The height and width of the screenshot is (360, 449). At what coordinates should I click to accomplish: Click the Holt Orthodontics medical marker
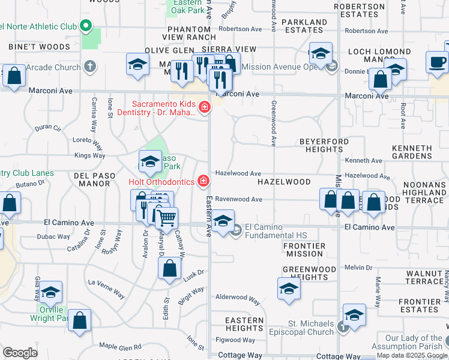204,181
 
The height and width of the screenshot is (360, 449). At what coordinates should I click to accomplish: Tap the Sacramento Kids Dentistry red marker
204,108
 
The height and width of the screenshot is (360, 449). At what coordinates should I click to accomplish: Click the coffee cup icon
437,62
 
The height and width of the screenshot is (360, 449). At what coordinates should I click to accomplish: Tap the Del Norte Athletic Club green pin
85,26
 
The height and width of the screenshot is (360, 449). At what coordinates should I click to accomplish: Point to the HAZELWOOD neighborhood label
284,181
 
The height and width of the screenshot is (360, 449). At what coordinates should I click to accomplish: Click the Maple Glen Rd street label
120,346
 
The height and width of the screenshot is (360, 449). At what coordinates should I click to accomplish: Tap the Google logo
20,353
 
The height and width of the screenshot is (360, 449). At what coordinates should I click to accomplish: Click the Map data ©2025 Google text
412,355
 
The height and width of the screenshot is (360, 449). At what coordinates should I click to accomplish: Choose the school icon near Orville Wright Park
51,292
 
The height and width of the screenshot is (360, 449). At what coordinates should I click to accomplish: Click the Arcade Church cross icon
90,67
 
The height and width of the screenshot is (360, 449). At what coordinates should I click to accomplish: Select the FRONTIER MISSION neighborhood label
304,250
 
